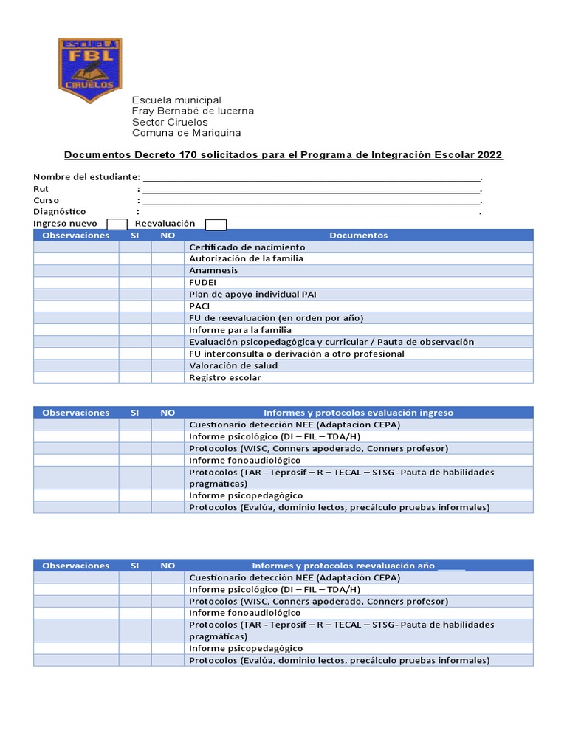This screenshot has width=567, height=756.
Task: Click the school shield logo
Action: pos(90,71)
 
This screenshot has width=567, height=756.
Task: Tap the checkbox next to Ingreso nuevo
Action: pos(117,224)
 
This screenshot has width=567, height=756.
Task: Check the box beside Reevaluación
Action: pos(216,224)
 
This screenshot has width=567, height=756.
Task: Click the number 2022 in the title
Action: pos(489,155)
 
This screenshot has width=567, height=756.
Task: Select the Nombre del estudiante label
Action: pos(86,177)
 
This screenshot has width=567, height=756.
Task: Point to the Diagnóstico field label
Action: pos(60,212)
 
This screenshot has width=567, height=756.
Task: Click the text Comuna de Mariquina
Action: pos(186,133)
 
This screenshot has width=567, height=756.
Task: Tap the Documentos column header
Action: pos(358,236)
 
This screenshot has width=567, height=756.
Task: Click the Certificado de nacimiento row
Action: pos(247,247)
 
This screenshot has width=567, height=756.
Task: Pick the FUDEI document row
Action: pos(203,283)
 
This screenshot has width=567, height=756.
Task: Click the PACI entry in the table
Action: pos(199,306)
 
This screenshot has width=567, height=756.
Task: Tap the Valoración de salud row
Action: pos(233,365)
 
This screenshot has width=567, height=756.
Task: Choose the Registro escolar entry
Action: pos(225,377)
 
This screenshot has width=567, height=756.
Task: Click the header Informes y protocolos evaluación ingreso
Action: pos(358,413)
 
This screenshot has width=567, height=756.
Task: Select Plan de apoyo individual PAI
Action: pos(252,295)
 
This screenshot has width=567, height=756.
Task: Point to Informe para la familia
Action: pos(240,330)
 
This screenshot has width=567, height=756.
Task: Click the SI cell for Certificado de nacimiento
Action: pos(135,247)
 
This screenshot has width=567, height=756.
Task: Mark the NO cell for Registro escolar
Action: pos(168,377)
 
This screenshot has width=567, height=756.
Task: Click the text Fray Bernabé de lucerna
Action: pos(193,111)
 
